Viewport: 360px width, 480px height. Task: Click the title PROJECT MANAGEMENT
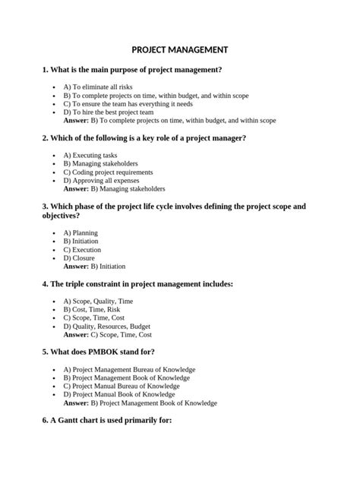tap(180, 49)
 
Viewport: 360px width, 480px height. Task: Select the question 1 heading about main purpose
tap(132, 70)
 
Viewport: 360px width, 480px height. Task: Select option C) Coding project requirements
tap(108, 172)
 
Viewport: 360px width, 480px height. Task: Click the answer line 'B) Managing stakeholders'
tap(114, 188)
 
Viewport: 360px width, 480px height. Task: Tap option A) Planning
tap(81, 233)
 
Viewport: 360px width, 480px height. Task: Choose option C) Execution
tap(82, 250)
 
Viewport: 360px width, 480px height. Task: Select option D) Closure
tap(79, 258)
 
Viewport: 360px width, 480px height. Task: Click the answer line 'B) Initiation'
tap(94, 267)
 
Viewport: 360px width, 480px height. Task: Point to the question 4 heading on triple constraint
tap(137, 284)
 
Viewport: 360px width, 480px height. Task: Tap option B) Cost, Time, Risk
tap(92, 310)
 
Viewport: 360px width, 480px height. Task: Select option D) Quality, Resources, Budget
tap(106, 327)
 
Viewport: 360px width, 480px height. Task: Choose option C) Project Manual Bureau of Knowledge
tap(122, 386)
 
